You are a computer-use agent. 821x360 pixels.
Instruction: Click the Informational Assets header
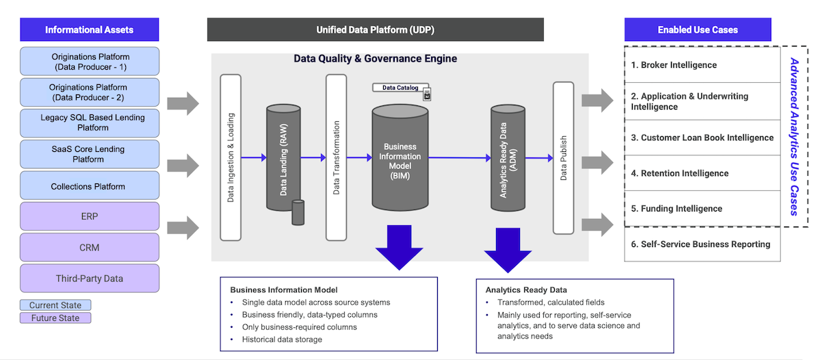pyautogui.click(x=90, y=30)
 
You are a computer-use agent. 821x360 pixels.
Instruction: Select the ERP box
pyautogui.click(x=90, y=216)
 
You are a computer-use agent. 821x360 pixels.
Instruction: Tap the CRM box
pyautogui.click(x=90, y=247)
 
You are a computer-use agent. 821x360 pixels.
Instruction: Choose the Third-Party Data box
pyautogui.click(x=90, y=279)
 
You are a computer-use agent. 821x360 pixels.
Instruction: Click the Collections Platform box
pyautogui.click(x=90, y=186)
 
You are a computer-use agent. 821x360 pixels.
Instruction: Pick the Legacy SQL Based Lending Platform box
pyautogui.click(x=90, y=123)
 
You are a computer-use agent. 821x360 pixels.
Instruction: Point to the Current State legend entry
pyautogui.click(x=55, y=305)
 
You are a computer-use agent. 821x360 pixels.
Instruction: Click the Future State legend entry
pyautogui.click(x=55, y=318)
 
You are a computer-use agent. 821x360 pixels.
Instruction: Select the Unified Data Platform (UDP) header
pyautogui.click(x=375, y=30)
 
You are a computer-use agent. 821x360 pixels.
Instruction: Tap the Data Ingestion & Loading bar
pyautogui.click(x=231, y=157)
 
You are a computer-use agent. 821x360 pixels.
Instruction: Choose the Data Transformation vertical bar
pyautogui.click(x=336, y=157)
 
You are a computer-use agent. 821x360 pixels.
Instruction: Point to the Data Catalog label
pyautogui.click(x=401, y=88)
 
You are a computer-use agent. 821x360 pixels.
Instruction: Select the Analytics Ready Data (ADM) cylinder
pyautogui.click(x=508, y=159)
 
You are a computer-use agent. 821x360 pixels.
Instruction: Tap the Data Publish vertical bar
pyautogui.click(x=563, y=157)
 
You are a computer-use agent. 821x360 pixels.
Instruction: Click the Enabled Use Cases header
pyautogui.click(x=697, y=30)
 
